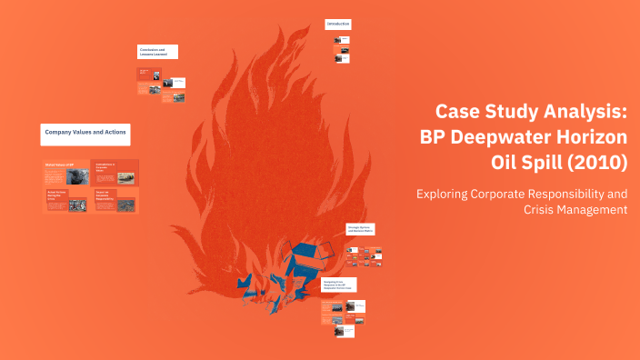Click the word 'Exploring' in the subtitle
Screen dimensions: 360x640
coord(445,194)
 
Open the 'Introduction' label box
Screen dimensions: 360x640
coord(338,23)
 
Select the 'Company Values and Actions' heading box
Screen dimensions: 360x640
coord(85,135)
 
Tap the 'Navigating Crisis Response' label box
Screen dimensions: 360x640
coord(338,285)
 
